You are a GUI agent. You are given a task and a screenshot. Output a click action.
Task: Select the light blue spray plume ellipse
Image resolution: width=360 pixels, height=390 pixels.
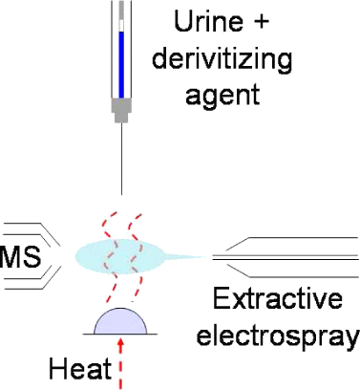point(119,256)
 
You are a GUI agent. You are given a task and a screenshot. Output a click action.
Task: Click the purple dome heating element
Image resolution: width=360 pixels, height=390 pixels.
point(123,322)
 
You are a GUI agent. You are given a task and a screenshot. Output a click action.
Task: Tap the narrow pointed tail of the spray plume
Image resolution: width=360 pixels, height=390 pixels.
point(187,256)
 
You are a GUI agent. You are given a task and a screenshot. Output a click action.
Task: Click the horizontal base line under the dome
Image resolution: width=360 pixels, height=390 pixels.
point(123,335)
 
